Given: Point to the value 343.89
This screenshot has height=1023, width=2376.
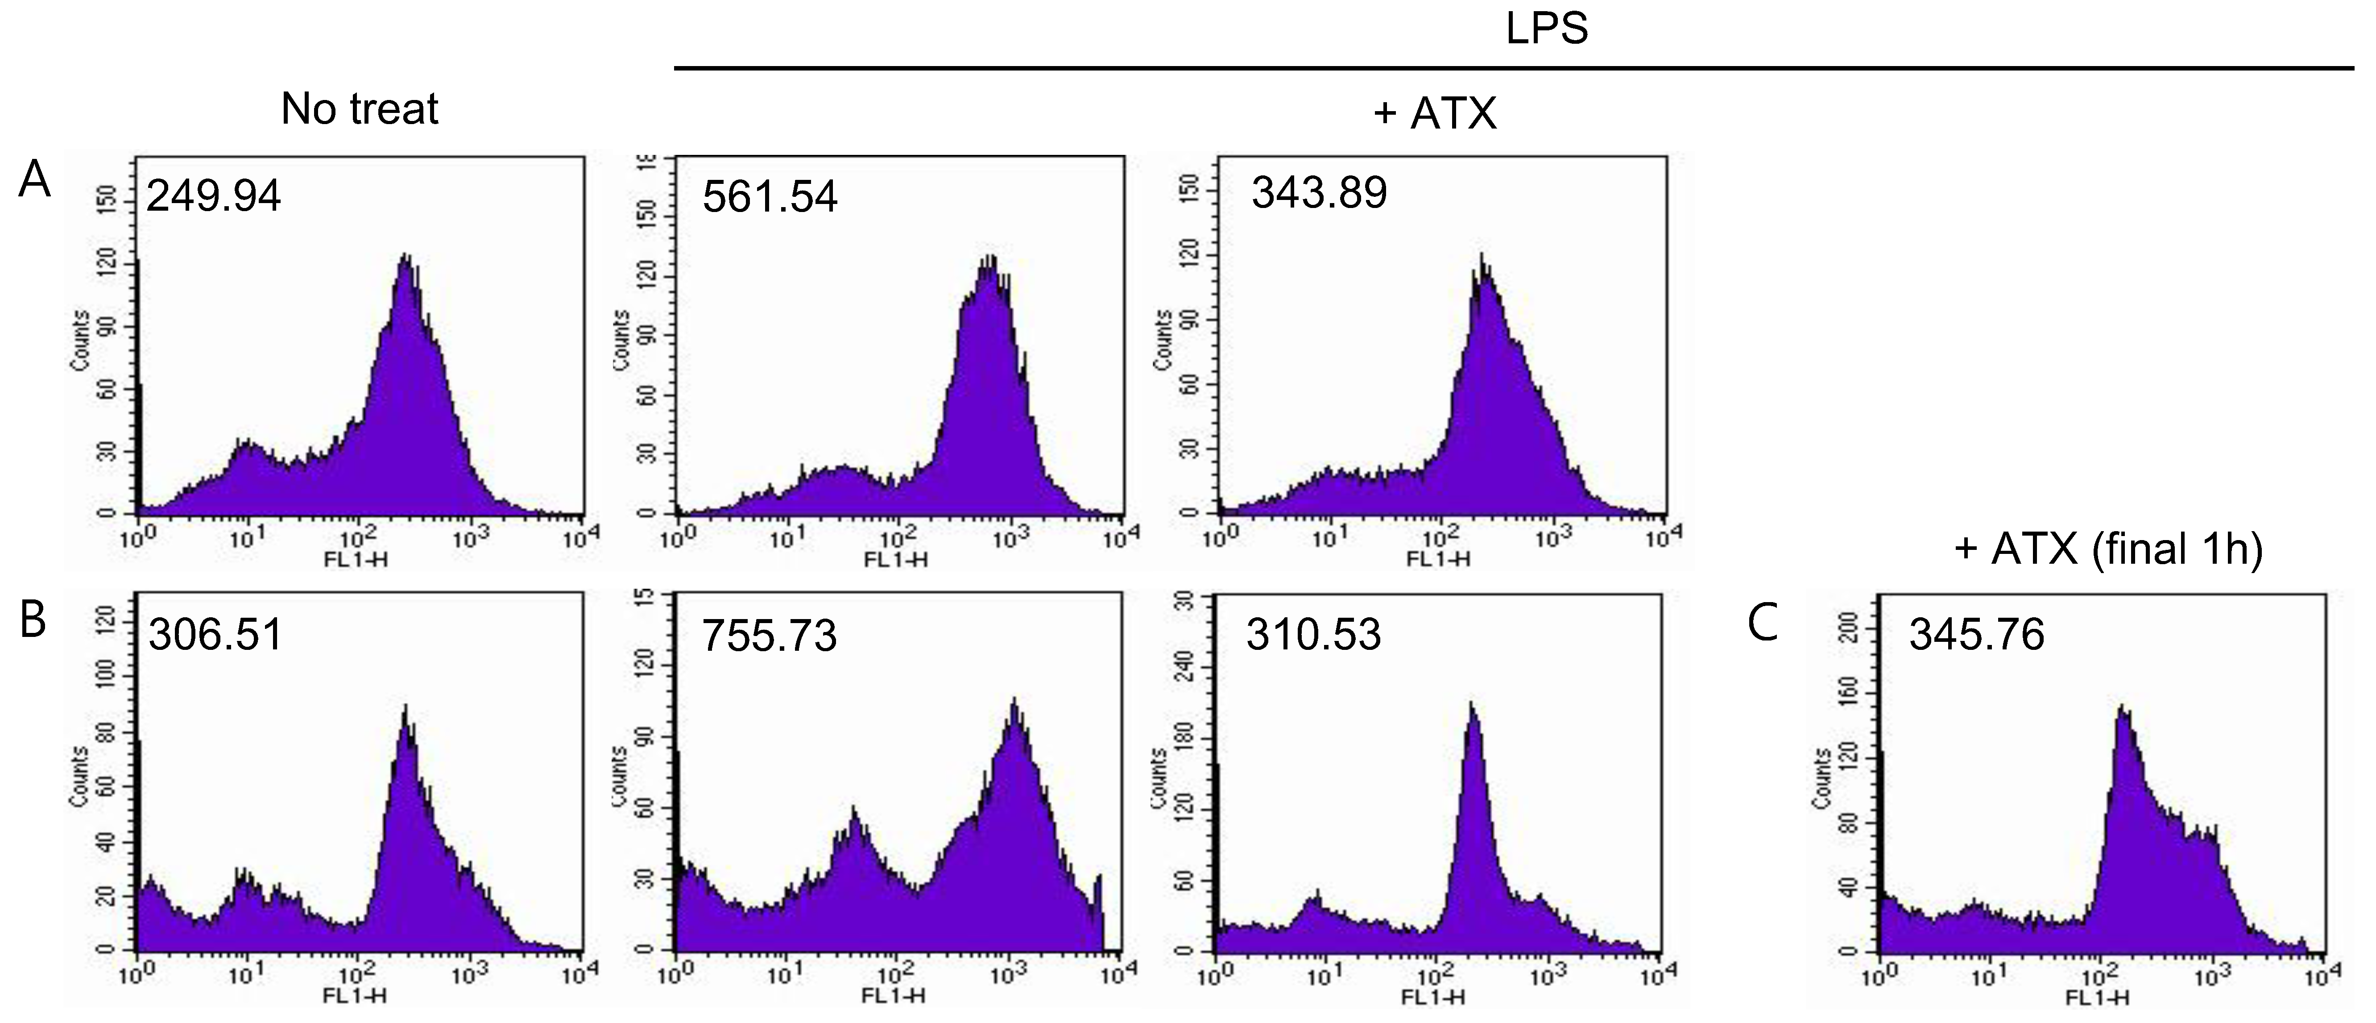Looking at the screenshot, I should (1319, 193).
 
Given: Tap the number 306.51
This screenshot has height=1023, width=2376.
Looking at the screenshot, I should (215, 635).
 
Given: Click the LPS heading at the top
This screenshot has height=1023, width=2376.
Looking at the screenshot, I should (1547, 29).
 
